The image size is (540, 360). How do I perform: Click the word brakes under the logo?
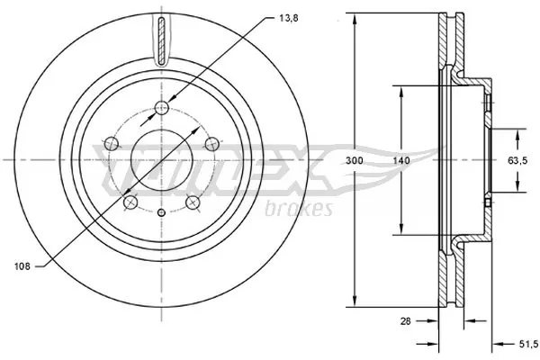pyautogui.click(x=301, y=209)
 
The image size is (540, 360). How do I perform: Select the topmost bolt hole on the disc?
pyautogui.click(x=161, y=109)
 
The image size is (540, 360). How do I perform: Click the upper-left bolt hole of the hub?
pyautogui.click(x=112, y=142)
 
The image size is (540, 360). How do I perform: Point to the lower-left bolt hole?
pyautogui.click(x=130, y=202)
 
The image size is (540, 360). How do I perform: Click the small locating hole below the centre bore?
pyautogui.click(x=161, y=212)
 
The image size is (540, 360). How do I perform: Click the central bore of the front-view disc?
pyautogui.click(x=161, y=160)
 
